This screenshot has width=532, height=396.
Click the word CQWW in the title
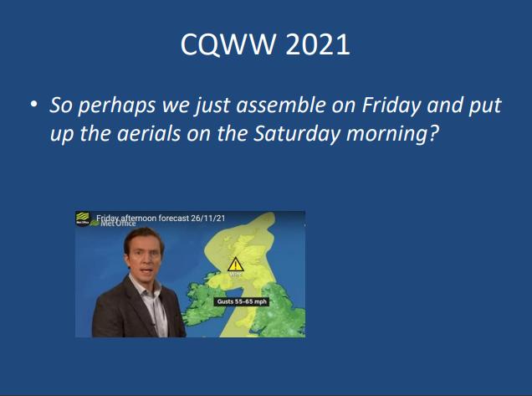(x=228, y=44)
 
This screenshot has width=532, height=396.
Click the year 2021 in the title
(x=318, y=44)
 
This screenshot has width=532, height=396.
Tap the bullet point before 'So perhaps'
(x=33, y=104)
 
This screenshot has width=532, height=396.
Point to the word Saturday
(x=297, y=133)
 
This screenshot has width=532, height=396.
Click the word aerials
(x=149, y=133)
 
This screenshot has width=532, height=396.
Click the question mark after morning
(x=434, y=133)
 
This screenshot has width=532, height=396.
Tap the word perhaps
(x=117, y=106)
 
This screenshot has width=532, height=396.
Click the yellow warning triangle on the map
(x=235, y=265)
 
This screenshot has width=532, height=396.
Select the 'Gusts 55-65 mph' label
(x=242, y=301)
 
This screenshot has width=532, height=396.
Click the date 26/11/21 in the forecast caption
(x=208, y=218)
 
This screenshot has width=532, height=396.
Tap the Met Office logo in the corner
(x=83, y=218)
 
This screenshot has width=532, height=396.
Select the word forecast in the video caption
(x=174, y=218)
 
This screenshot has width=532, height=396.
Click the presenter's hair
(x=142, y=238)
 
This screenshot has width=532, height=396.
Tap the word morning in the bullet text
(x=386, y=134)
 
